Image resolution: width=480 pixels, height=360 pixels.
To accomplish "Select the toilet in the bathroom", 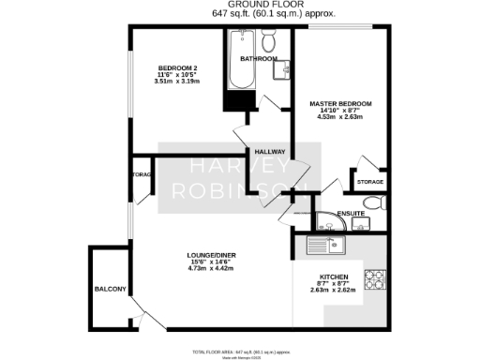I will (268, 40).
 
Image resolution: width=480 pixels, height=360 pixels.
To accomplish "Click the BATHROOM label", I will (259, 58).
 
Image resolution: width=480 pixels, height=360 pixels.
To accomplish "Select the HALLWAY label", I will (270, 151).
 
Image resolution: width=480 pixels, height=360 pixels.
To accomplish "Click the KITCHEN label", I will (333, 277).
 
